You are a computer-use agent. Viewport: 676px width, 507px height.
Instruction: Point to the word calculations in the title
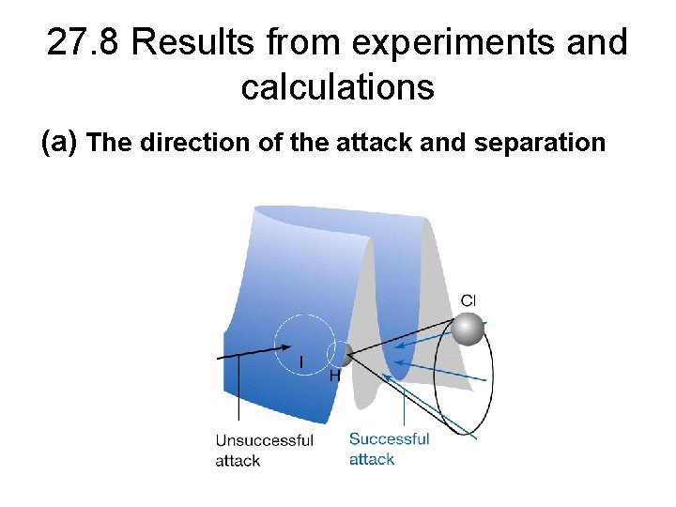pyautogui.click(x=337, y=87)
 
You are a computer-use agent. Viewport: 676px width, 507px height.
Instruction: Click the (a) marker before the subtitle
pyautogui.click(x=60, y=143)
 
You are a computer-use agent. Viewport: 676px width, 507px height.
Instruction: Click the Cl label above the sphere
pyautogui.click(x=469, y=300)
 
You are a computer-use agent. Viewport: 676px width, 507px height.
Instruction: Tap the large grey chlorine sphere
pyautogui.click(x=468, y=329)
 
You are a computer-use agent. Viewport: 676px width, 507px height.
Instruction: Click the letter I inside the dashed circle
pyautogui.click(x=300, y=362)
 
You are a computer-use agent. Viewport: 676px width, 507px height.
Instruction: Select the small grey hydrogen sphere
pyautogui.click(x=343, y=354)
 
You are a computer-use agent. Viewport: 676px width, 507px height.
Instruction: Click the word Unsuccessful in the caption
pyautogui.click(x=264, y=440)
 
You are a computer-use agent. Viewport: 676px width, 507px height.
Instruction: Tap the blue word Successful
pyautogui.click(x=389, y=438)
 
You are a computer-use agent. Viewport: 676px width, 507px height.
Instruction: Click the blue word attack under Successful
pyautogui.click(x=372, y=459)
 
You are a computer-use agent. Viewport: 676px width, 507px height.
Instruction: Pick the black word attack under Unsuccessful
pyautogui.click(x=238, y=461)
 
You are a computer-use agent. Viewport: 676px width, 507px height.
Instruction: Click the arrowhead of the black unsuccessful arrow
pyautogui.click(x=286, y=346)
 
